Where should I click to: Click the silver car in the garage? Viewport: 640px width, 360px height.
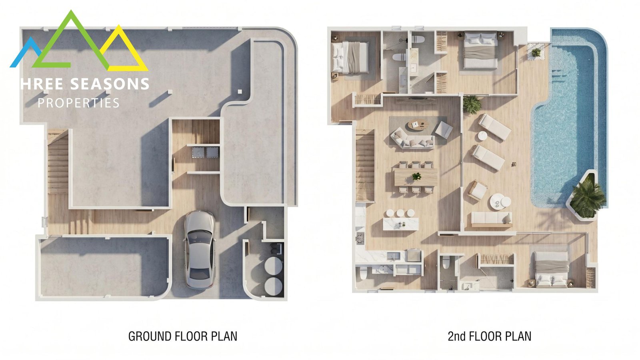click(200, 250)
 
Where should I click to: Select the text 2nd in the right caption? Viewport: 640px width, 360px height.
click(457, 336)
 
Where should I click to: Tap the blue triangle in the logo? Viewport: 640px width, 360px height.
click(26, 52)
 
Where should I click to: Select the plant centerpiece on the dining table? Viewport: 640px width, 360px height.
click(416, 176)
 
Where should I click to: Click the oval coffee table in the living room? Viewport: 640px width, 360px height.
click(418, 125)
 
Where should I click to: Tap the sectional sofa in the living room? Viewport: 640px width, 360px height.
click(413, 138)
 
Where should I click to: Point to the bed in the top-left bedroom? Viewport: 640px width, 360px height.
click(350, 57)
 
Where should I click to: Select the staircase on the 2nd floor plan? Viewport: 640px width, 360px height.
click(365, 166)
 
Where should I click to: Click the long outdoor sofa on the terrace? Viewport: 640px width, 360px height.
click(491, 220)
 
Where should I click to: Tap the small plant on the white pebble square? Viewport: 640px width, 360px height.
click(536, 52)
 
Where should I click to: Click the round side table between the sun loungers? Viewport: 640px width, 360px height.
click(482, 136)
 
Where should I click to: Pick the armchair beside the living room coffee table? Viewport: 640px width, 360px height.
click(444, 130)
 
